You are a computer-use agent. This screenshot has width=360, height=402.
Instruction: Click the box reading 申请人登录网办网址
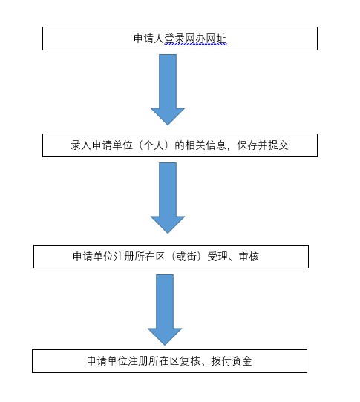(180, 39)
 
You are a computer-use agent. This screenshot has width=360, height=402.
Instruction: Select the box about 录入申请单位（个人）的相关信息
(180, 145)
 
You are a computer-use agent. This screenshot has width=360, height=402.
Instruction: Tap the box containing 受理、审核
(171, 257)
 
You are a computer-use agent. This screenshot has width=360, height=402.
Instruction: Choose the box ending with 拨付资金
(169, 361)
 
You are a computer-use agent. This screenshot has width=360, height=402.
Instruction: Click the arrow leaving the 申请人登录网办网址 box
(168, 90)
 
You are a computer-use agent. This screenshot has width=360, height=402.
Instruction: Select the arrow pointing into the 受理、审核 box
(168, 198)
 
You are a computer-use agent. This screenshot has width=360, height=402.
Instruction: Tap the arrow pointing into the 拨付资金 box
(165, 310)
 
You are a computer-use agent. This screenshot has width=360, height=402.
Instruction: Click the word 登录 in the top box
(174, 39)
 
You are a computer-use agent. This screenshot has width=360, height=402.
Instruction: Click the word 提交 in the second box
(278, 145)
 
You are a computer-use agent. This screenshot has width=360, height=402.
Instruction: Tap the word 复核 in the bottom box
(189, 361)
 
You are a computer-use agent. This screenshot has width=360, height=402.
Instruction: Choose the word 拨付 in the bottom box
(221, 361)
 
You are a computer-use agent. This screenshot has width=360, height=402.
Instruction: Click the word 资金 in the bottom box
(242, 361)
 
